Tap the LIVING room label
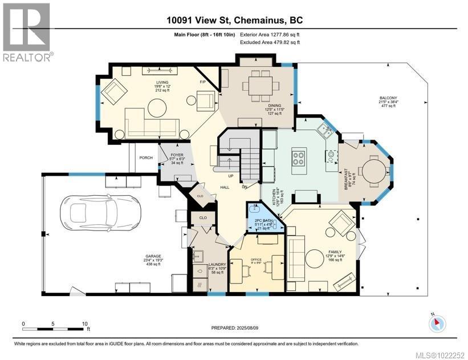coord(163,83)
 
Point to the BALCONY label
coord(389,98)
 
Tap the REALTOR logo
coord(27,31)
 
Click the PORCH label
coord(146,158)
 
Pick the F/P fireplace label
coord(202,82)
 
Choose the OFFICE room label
coord(255,260)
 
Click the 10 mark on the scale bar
coord(85,323)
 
